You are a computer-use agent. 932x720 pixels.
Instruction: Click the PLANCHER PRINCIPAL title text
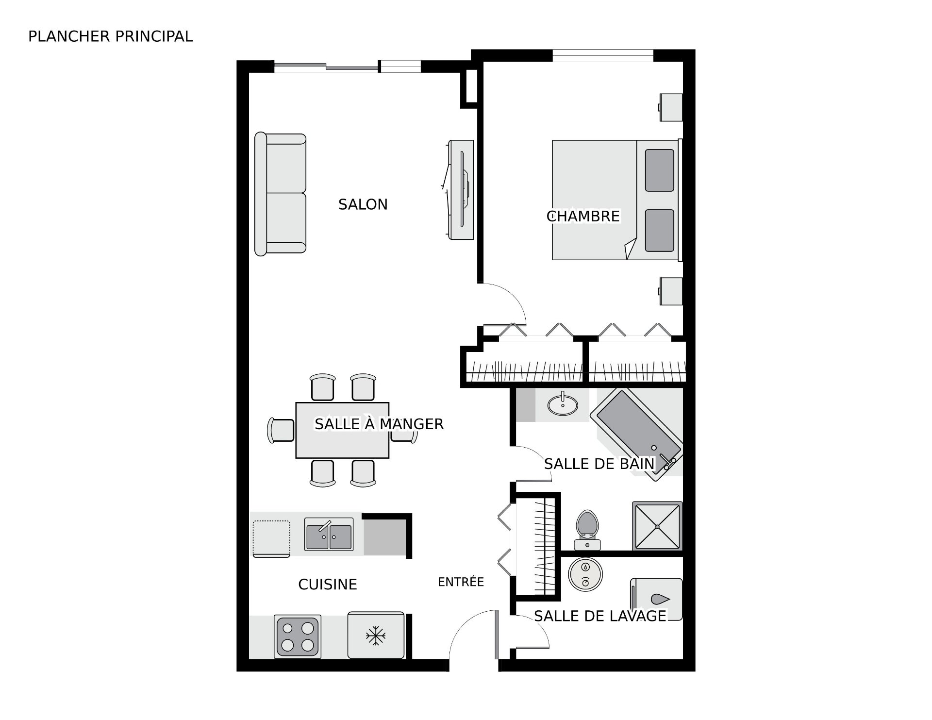coord(111,36)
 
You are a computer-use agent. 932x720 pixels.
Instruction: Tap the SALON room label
coord(363,204)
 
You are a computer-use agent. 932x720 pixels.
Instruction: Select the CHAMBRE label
coord(583,216)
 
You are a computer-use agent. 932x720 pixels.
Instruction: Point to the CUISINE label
coord(328,584)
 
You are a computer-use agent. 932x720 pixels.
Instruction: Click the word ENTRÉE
coord(461,582)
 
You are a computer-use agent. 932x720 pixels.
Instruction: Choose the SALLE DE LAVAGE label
coord(600,616)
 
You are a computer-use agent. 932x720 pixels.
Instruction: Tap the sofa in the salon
coord(281,194)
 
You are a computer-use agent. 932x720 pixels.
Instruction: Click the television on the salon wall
coord(461,189)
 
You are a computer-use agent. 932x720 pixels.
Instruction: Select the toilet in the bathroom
coord(587,530)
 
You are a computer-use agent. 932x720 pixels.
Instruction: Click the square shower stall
coord(657,526)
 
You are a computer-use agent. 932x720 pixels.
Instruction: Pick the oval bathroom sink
coord(563,404)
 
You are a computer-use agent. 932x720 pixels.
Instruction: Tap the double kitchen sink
coord(329,534)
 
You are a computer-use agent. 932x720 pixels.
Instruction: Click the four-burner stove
coord(298,636)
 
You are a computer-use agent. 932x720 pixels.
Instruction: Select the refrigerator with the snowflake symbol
coord(376,635)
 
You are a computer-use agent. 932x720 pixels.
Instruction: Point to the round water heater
coord(585,574)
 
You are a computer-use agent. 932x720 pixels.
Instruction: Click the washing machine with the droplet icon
coord(656,599)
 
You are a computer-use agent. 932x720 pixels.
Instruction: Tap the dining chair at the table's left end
coord(281,430)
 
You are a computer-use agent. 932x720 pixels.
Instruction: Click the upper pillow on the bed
coord(659,170)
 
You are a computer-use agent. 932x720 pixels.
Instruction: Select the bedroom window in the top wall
coord(603,56)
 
